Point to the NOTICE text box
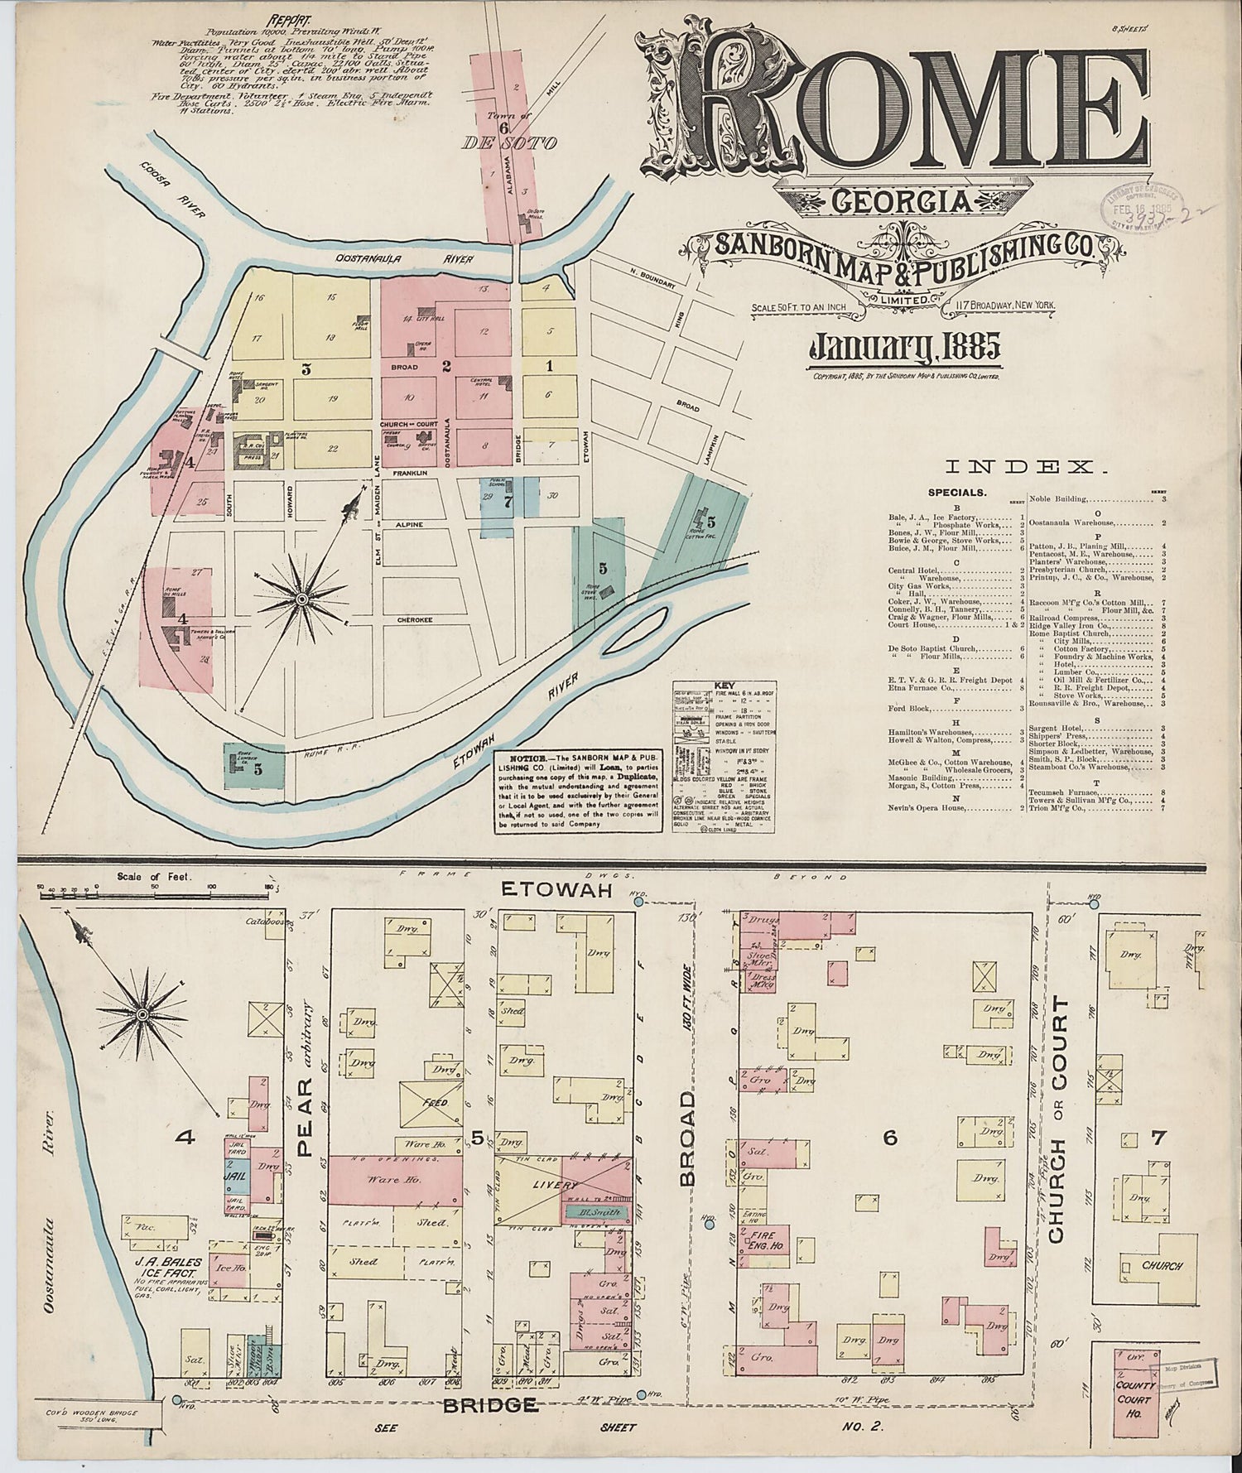click(578, 792)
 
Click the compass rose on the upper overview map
click(302, 598)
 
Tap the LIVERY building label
click(561, 1186)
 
